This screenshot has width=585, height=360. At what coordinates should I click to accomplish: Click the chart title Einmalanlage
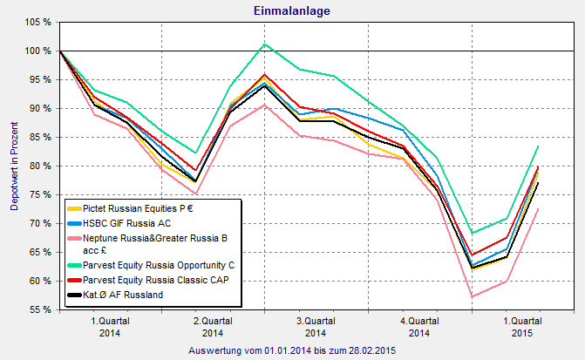click(292, 10)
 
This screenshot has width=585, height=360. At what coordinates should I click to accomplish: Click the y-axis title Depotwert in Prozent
click(14, 166)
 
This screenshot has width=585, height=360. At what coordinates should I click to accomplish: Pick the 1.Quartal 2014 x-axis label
click(111, 325)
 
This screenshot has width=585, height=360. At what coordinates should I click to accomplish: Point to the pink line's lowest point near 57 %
click(472, 297)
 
